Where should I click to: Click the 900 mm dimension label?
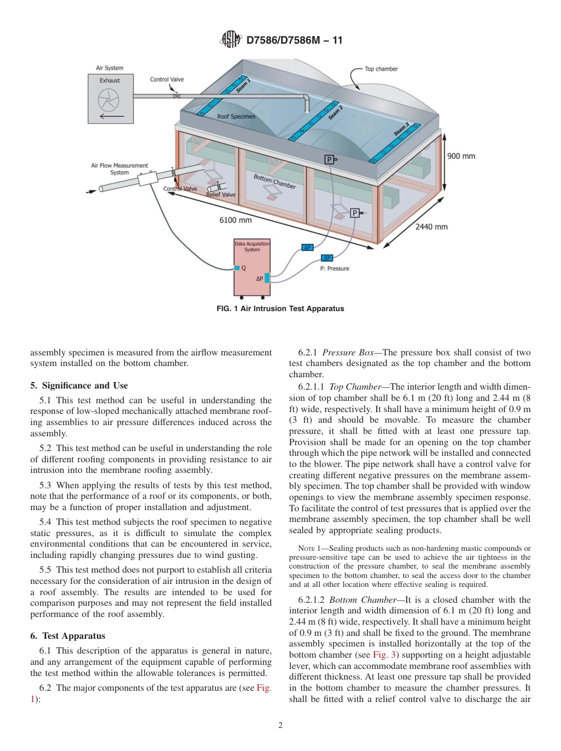(x=461, y=156)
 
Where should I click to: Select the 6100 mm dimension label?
(x=235, y=220)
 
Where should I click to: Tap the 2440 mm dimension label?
(x=431, y=226)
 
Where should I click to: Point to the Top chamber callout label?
(x=381, y=69)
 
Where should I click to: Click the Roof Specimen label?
(x=236, y=117)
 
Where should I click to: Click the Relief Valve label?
(x=220, y=194)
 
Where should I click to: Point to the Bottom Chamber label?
(x=275, y=181)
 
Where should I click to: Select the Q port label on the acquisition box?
(x=244, y=268)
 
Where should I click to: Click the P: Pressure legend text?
(x=334, y=269)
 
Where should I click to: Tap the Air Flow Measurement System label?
(x=119, y=169)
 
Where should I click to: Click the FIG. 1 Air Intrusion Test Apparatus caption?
(x=280, y=308)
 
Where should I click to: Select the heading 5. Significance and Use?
(x=79, y=386)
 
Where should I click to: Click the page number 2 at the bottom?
(x=280, y=725)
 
